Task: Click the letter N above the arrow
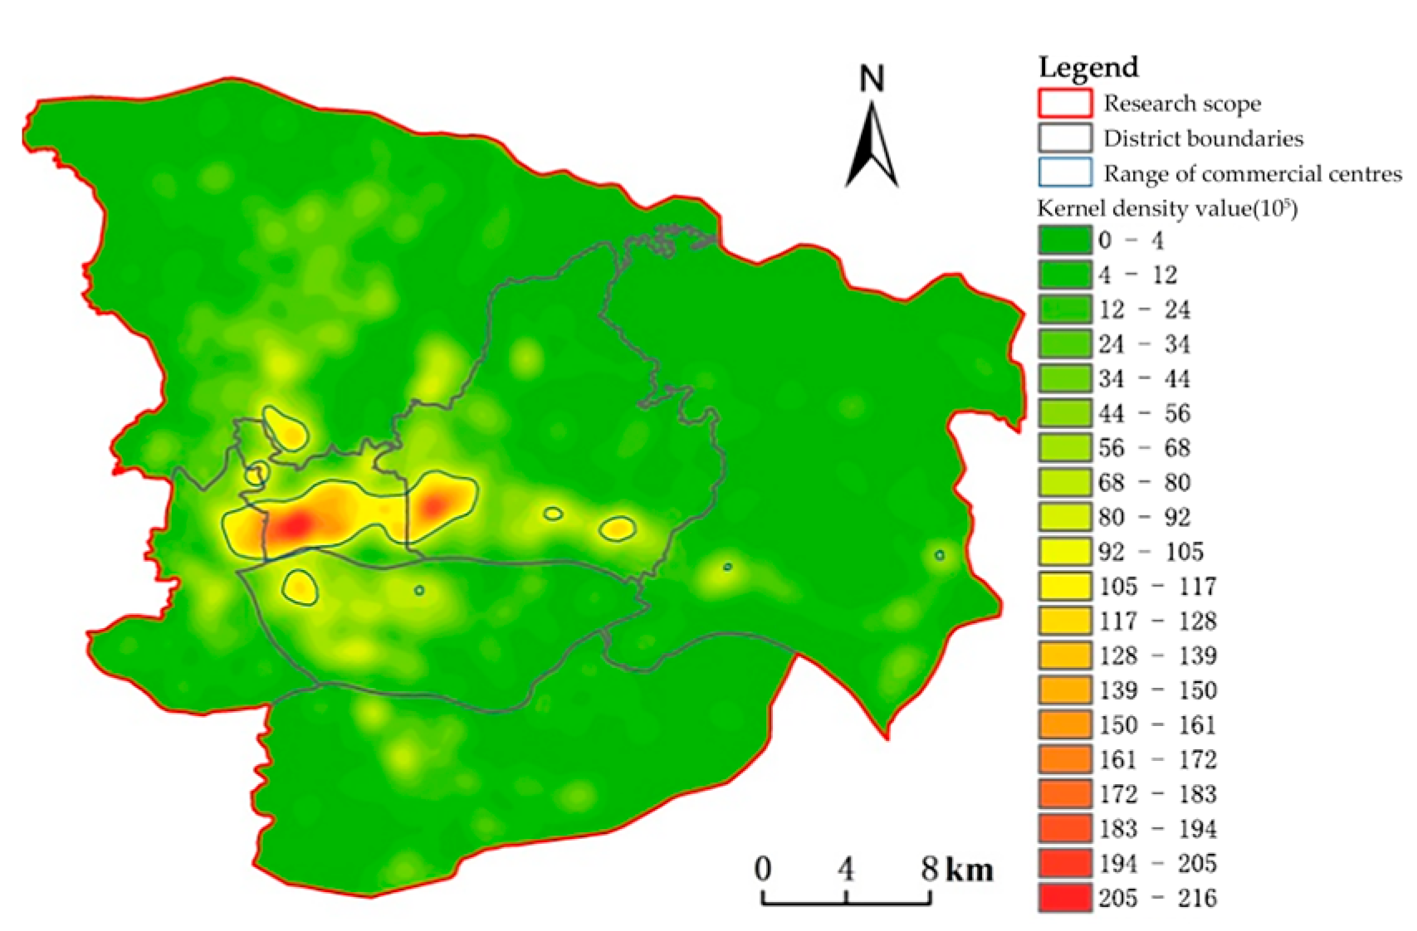872,79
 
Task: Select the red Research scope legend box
1064,103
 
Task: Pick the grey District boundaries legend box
1064,138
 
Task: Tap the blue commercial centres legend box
1064,173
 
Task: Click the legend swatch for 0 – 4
1064,240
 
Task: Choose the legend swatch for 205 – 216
1064,898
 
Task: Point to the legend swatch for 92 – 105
1064,552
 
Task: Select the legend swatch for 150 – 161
1064,724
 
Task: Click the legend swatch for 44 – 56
1064,413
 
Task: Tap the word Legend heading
1087,67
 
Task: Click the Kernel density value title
1167,207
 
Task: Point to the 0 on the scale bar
763,869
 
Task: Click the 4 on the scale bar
845,869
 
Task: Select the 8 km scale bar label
956,869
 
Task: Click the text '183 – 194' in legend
1157,829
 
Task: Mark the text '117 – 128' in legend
1157,621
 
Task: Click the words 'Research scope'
1181,104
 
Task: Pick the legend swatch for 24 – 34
1064,344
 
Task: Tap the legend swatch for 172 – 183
1064,794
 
